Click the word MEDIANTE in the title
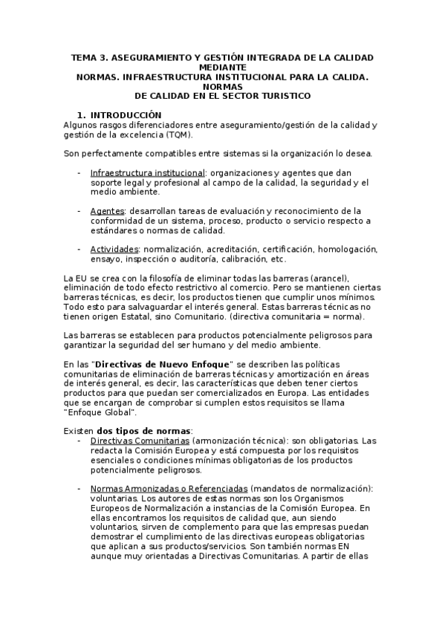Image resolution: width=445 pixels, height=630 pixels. click(223, 67)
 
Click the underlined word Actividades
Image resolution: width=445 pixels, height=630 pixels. click(114, 249)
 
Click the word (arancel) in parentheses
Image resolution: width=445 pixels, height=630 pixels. click(297, 278)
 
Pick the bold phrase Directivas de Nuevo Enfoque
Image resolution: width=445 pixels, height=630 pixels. click(164, 364)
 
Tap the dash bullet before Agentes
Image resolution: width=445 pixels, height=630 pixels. click(79, 210)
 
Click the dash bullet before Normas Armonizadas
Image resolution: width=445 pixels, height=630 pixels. click(79, 489)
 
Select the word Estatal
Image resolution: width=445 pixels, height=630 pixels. click(149, 316)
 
